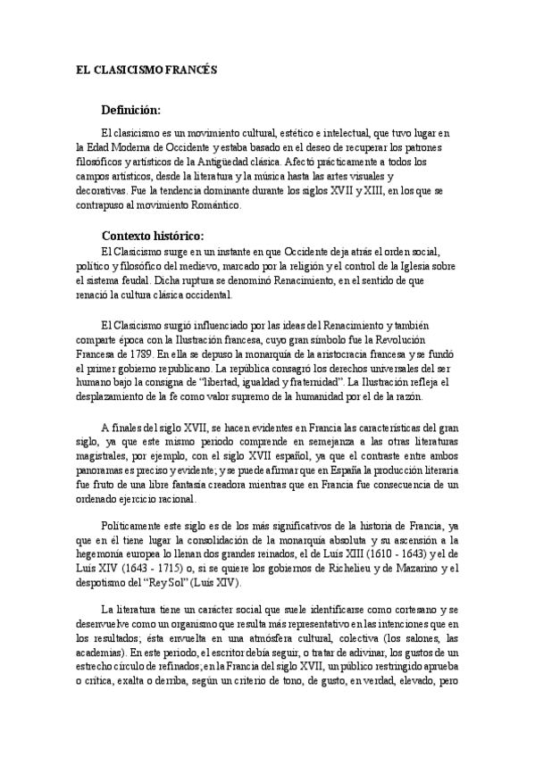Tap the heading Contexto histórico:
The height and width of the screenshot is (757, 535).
pyautogui.click(x=153, y=237)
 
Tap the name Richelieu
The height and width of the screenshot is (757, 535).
pyautogui.click(x=342, y=569)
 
